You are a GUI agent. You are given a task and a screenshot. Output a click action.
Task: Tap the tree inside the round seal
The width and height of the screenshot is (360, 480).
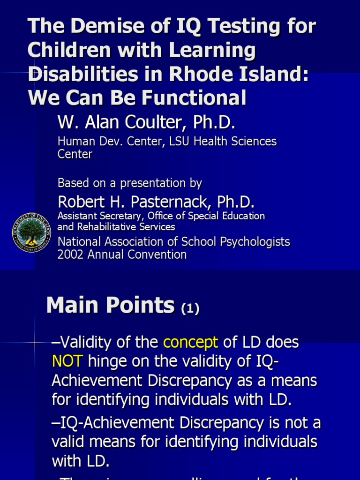31,230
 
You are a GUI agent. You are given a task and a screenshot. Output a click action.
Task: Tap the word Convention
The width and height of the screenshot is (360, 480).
157,255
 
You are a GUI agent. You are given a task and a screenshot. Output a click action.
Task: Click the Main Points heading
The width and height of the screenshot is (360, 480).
110,306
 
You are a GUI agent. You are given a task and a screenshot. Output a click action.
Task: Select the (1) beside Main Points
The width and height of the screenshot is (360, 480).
190,308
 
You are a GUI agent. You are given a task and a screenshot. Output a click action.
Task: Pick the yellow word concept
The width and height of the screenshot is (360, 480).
190,343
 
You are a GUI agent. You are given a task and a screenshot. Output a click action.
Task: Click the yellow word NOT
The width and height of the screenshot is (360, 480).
67,361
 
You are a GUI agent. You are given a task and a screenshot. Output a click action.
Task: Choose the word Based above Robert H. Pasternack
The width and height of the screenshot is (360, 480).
72,183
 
